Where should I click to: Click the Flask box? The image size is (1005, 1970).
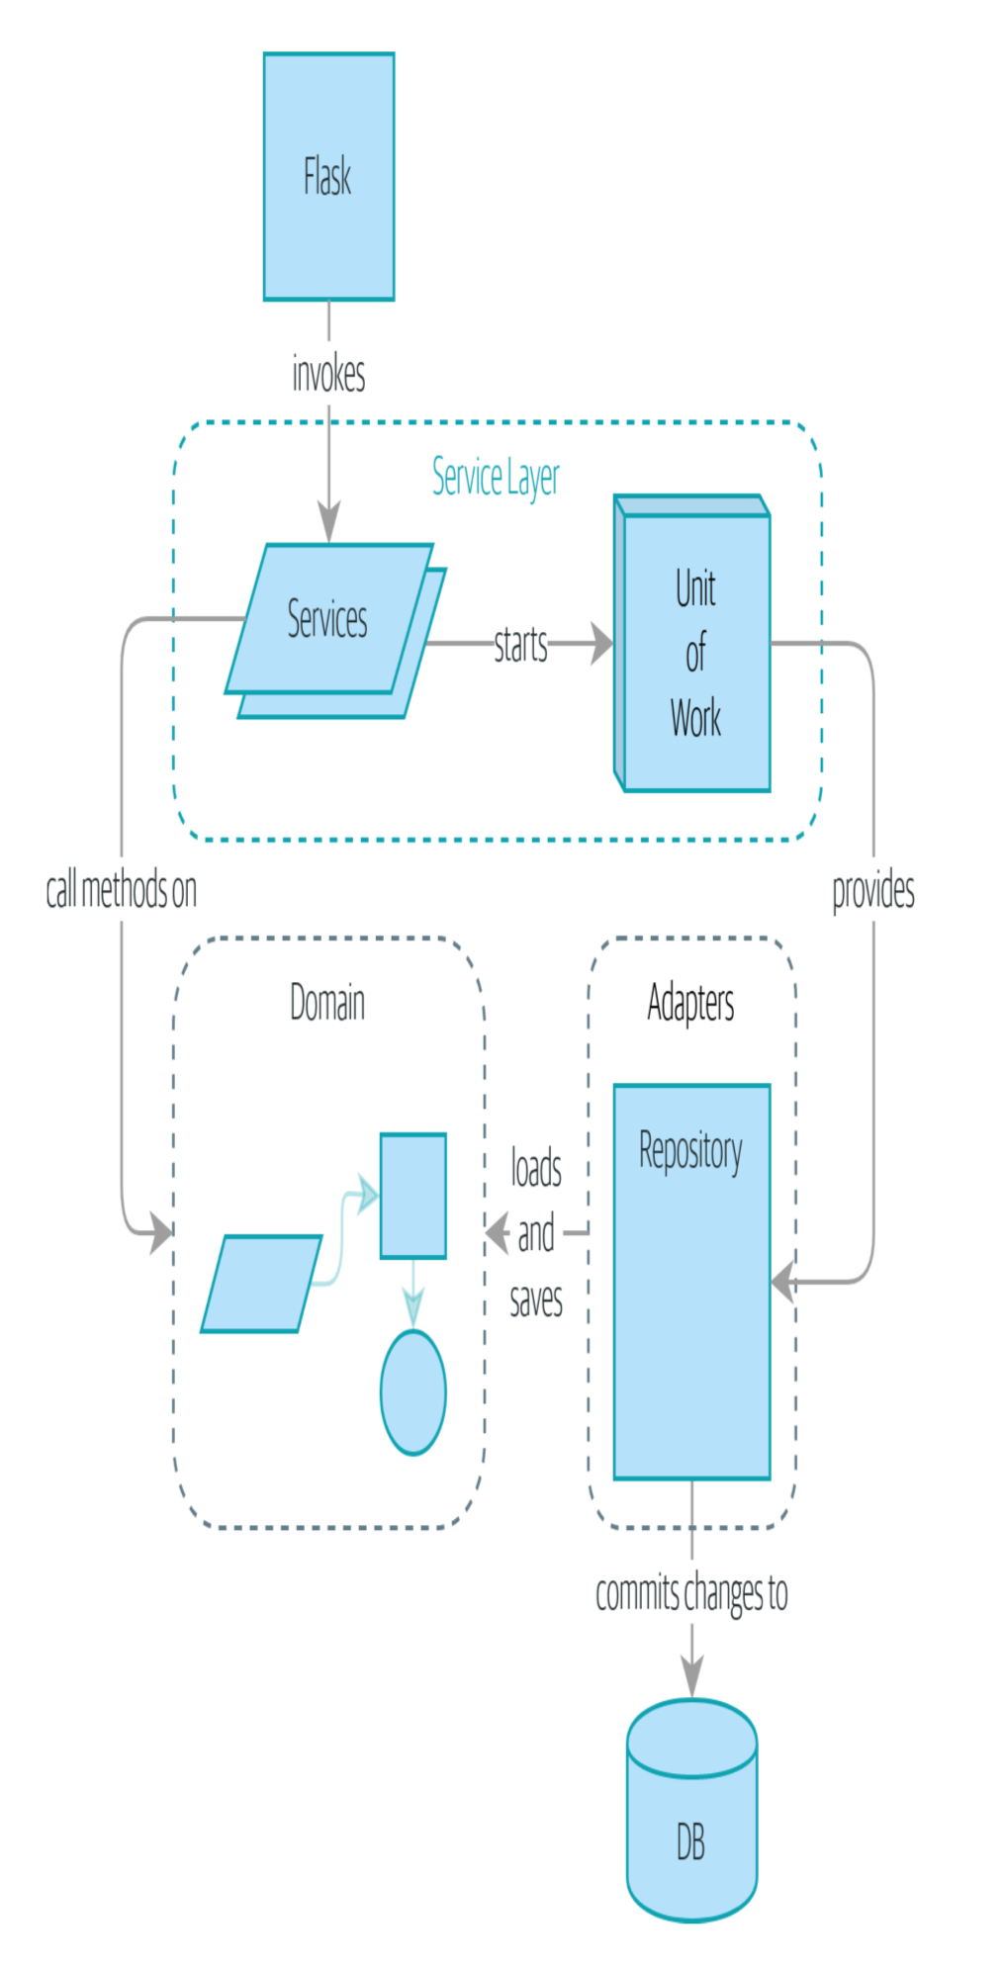pyautogui.click(x=328, y=176)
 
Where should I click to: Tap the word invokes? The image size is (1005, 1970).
pyautogui.click(x=328, y=375)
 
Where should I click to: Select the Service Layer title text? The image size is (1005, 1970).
pyautogui.click(x=496, y=477)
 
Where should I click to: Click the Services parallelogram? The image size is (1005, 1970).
pyautogui.click(x=328, y=619)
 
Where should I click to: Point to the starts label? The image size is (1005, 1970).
pyautogui.click(x=520, y=645)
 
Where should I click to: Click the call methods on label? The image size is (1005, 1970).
pyautogui.click(x=122, y=890)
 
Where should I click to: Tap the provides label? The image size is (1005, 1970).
pyautogui.click(x=872, y=890)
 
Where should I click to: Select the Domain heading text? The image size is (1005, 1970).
pyautogui.click(x=327, y=1003)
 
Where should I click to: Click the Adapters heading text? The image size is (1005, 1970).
pyautogui.click(x=690, y=1003)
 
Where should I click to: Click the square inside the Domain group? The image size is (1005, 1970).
pyautogui.click(x=413, y=1196)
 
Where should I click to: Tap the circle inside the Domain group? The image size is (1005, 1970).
pyautogui.click(x=413, y=1392)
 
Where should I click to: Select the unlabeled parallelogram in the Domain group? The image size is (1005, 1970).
pyautogui.click(x=261, y=1284)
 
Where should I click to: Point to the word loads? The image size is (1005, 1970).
pyautogui.click(x=536, y=1168)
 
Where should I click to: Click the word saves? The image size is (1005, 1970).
pyautogui.click(x=536, y=1298)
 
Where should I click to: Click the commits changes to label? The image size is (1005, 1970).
pyautogui.click(x=691, y=1593)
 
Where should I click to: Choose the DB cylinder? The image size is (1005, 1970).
pyautogui.click(x=691, y=1812)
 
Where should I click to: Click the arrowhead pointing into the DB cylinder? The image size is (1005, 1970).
pyautogui.click(x=692, y=1679)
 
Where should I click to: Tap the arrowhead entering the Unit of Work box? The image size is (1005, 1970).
pyautogui.click(x=601, y=644)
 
